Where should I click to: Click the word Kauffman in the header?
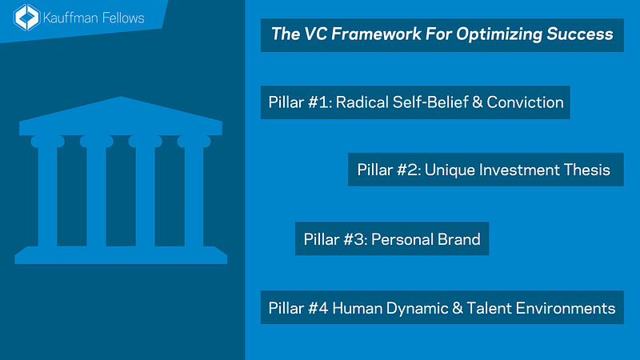[x=78, y=17]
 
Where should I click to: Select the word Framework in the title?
[x=361, y=34]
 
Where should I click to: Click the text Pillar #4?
[x=297, y=308]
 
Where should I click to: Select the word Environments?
[x=562, y=308]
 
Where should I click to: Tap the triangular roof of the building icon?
[x=121, y=113]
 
